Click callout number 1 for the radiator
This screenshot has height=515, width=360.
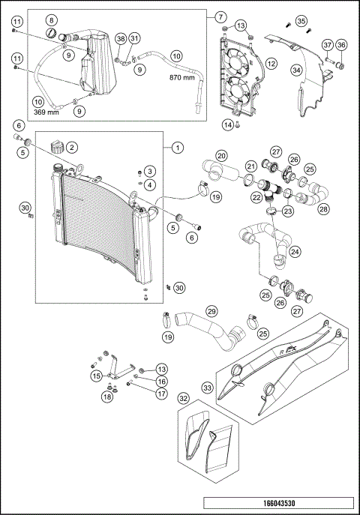(x=177, y=148)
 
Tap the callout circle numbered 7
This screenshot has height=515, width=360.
(x=220, y=16)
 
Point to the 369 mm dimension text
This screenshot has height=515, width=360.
(x=47, y=112)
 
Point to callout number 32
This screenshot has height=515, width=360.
(x=183, y=400)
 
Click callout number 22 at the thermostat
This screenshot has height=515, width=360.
(x=256, y=197)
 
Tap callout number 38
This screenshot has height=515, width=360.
(x=121, y=38)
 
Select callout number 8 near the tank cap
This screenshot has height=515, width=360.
(x=50, y=19)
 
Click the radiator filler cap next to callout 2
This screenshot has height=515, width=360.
(x=56, y=145)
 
